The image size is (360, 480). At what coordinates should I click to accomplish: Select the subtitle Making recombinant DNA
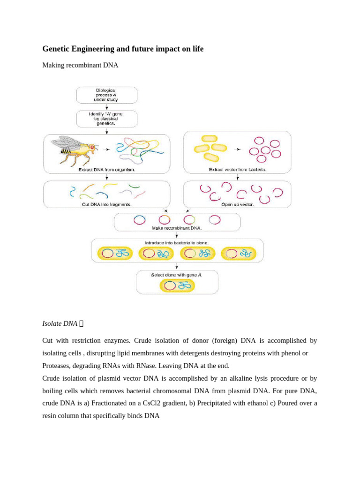point(80,65)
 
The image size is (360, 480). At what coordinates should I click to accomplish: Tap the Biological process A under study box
point(107,95)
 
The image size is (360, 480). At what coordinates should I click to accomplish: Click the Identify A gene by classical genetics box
point(107,119)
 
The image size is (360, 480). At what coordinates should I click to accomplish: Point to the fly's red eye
point(92,147)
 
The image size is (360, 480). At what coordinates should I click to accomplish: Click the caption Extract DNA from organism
point(107,170)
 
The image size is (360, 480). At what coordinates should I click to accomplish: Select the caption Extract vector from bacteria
point(237,170)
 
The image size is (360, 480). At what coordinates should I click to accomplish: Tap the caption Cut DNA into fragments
point(106,204)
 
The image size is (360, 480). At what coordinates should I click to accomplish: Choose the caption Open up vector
point(237,204)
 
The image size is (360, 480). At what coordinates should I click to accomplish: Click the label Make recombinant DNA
point(177,228)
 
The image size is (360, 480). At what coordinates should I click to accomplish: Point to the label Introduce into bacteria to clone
point(177,243)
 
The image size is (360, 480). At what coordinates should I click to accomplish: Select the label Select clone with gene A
point(177,275)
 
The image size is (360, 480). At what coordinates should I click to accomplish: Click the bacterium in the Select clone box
point(177,285)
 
